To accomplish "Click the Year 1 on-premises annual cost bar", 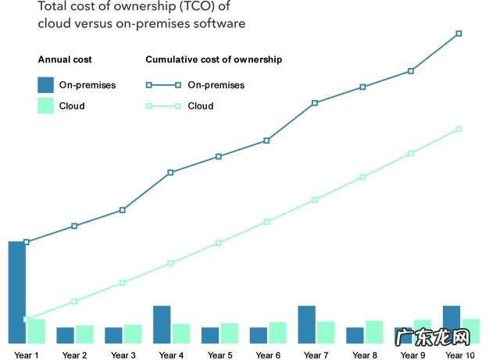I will pyautogui.click(x=16, y=292).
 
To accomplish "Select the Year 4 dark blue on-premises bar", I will pyautogui.click(x=162, y=324).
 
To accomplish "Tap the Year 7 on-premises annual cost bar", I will pyautogui.click(x=307, y=324).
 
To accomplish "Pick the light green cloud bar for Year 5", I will pyautogui.click(x=229, y=333).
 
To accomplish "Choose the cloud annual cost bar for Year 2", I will pyautogui.click(x=84, y=334).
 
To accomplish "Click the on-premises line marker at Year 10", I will pyautogui.click(x=459, y=34).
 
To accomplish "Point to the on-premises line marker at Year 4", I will pyautogui.click(x=170, y=172).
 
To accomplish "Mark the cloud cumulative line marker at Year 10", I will pyautogui.click(x=459, y=129).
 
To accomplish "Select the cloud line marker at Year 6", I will pyautogui.click(x=266, y=222).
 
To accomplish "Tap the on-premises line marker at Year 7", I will pyautogui.click(x=315, y=102).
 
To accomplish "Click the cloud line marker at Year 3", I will pyautogui.click(x=122, y=283).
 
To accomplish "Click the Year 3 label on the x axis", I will pyautogui.click(x=123, y=355).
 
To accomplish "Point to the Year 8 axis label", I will pyautogui.click(x=365, y=355).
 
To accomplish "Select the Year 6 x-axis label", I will pyautogui.click(x=268, y=355).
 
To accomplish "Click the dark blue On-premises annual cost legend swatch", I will pyautogui.click(x=45, y=84).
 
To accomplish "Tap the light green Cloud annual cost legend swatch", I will pyautogui.click(x=45, y=105).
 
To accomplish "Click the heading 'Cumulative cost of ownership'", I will pyautogui.click(x=214, y=59).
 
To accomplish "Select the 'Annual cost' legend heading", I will pyautogui.click(x=65, y=59).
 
